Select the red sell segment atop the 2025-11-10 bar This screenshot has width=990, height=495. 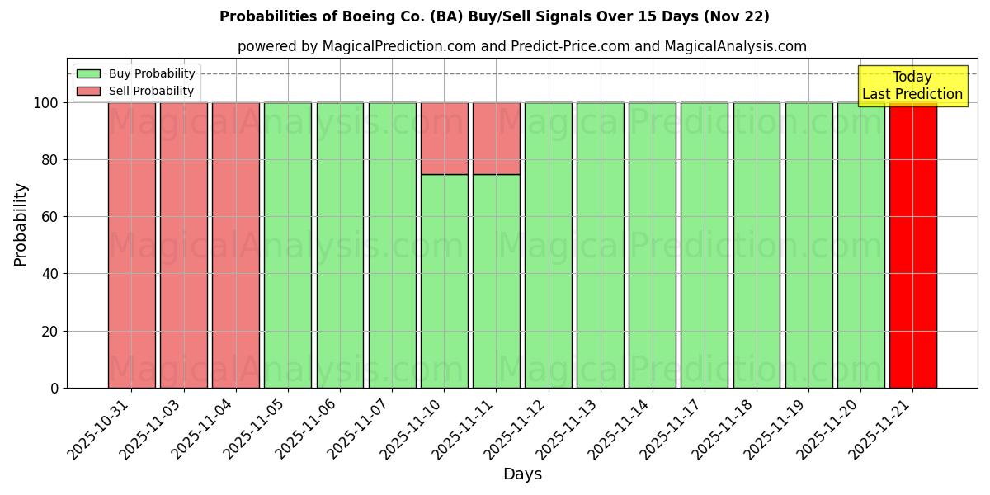point(444,138)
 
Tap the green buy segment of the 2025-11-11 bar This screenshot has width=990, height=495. point(496,280)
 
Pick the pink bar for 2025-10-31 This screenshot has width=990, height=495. point(131,245)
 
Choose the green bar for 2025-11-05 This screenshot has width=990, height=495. point(288,245)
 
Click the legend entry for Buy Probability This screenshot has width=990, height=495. point(136,74)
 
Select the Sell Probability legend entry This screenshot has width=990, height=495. point(136,92)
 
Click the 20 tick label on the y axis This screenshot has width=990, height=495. point(51,332)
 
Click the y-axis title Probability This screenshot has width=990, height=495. point(21,224)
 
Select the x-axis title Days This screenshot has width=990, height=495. point(522,474)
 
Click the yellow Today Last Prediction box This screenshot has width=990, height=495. point(912,86)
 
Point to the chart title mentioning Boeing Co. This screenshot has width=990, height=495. point(494,16)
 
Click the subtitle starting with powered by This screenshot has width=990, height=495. point(521,46)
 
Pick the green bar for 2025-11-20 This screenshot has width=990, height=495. point(860,245)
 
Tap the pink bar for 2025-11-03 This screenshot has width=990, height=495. point(183,245)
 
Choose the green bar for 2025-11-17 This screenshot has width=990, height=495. point(705,245)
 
